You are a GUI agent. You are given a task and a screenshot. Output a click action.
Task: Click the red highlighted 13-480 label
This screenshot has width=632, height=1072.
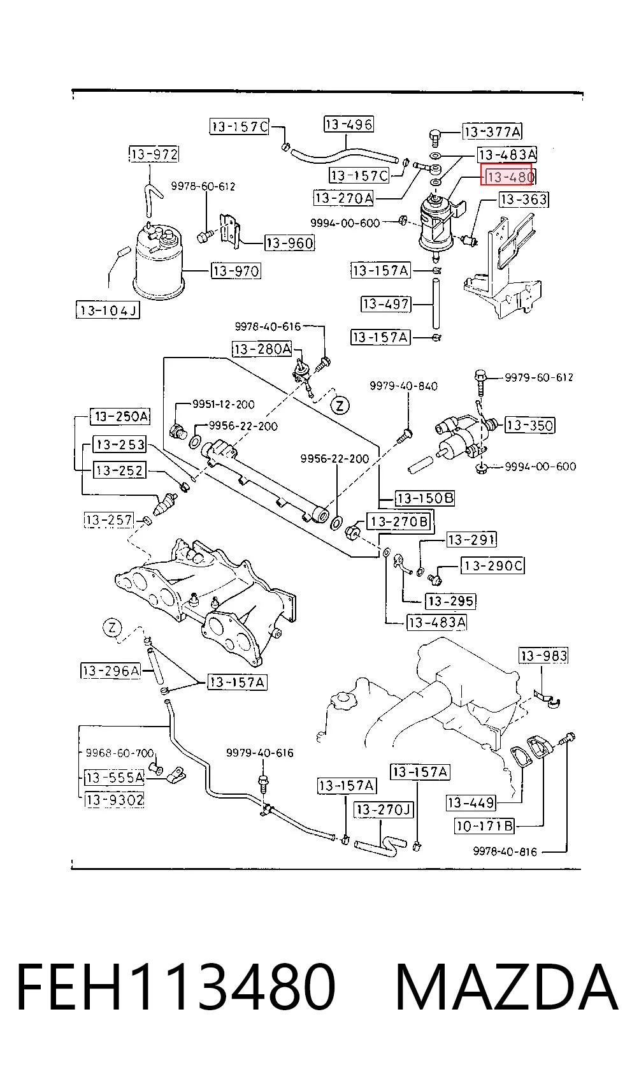508,177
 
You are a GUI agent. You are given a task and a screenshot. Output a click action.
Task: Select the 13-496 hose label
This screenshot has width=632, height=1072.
348,124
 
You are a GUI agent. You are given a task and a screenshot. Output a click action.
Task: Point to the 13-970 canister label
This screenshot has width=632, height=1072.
236,272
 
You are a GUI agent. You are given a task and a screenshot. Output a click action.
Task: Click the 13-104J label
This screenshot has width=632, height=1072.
108,310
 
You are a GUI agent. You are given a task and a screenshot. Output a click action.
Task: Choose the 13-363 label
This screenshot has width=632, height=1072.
524,199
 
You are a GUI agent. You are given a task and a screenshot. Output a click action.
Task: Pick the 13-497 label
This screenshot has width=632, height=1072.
385,304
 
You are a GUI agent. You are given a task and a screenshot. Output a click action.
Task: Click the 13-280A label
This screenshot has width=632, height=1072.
262,349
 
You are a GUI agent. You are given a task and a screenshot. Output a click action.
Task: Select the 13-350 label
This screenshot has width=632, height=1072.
529,425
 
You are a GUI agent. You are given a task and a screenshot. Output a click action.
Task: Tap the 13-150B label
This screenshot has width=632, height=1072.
424,498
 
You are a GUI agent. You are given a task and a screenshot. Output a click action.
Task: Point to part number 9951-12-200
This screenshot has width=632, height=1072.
224,405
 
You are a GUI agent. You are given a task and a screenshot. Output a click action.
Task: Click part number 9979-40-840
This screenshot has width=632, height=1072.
403,386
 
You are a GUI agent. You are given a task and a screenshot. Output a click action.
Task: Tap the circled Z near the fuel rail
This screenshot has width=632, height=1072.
340,406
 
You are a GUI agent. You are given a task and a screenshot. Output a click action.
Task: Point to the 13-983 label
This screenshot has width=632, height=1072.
544,655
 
